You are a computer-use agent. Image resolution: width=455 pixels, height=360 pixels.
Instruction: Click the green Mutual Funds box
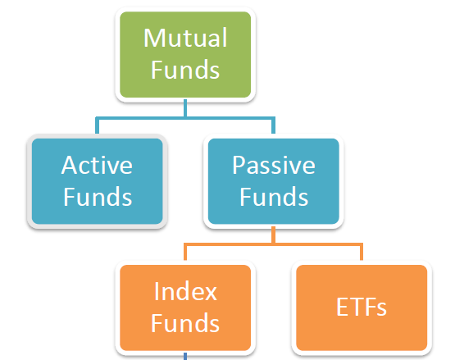pos(185,55)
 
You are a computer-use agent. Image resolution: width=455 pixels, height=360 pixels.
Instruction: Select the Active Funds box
pos(97,181)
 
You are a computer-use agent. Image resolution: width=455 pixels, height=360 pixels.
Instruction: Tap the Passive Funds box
pos(273,181)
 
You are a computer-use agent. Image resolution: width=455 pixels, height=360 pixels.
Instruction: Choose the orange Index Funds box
pos(185,308)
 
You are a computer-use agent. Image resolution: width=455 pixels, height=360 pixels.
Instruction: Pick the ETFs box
pos(362,308)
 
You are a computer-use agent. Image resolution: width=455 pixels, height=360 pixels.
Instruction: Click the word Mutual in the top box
pos(185,38)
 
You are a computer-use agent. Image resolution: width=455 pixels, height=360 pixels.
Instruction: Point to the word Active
pos(97,165)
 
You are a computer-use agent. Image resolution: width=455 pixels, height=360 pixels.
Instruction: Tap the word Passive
pos(274,165)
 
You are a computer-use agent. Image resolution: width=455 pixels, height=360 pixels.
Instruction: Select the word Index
pos(185,291)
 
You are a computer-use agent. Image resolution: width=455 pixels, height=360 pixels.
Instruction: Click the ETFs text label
pos(362,308)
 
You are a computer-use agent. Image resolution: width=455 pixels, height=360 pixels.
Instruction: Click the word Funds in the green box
pos(185,70)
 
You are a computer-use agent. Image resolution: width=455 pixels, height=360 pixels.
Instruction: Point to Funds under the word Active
pos(98,197)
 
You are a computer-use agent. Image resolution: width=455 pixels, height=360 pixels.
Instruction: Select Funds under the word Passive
pos(274,197)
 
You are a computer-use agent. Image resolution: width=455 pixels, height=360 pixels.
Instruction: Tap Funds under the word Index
pos(185,323)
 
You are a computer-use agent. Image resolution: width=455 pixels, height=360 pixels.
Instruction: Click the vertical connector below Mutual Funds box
pos(185,108)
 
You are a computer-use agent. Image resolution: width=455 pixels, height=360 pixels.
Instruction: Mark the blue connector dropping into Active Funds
pos(97,125)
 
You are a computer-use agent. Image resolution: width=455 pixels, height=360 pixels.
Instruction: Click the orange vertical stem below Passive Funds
pos(273,235)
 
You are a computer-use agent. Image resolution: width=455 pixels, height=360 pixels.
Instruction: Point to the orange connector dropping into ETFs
pos(362,252)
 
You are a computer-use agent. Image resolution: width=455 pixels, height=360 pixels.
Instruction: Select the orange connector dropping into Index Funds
pos(185,252)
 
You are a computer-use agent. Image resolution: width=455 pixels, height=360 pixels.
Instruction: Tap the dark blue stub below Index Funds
pos(185,356)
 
